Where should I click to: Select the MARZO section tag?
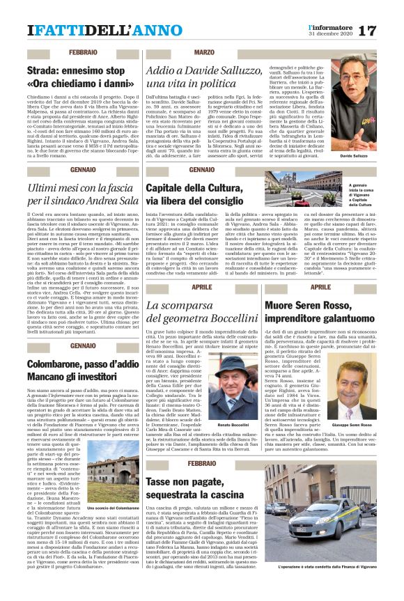[204, 54]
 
